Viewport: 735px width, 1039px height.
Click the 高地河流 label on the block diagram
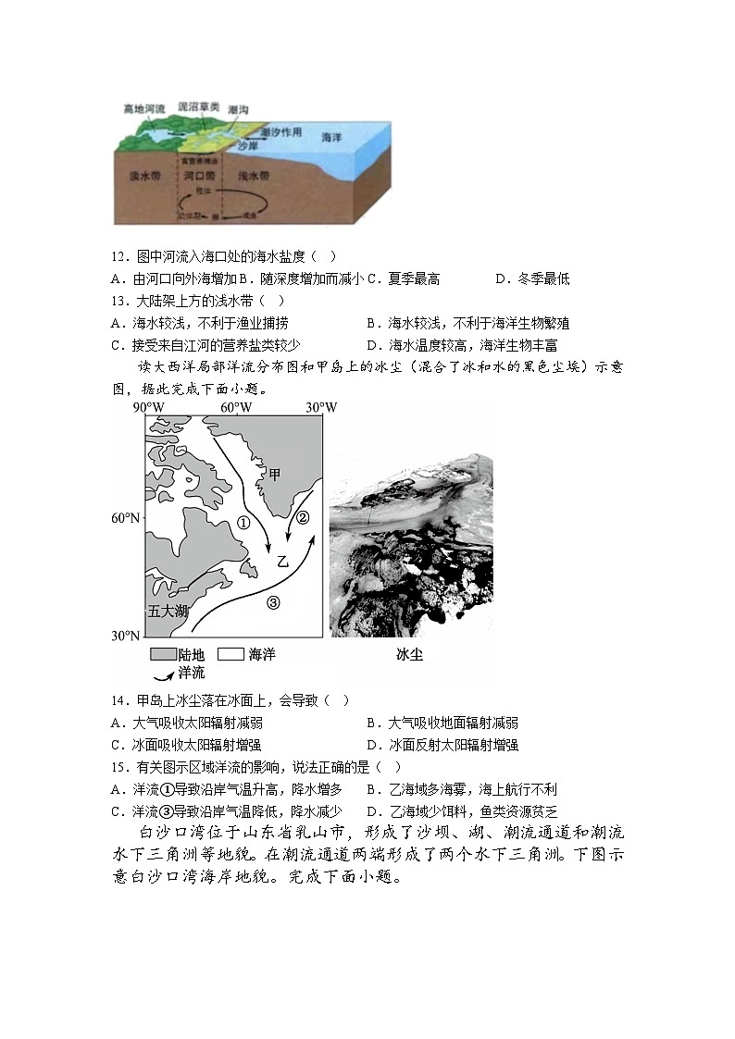143,109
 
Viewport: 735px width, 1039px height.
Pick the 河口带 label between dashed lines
199,175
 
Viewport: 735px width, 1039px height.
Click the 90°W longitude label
148,408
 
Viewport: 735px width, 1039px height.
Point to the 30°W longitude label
321,408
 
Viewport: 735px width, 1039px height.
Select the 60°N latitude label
125,518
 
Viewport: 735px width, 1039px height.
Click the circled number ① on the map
244,523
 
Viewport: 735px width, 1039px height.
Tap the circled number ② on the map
303,517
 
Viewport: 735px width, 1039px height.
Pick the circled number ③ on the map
273,603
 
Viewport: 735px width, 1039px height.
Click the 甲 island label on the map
274,475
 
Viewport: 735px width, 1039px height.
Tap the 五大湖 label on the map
168,612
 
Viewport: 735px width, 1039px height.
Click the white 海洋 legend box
231,654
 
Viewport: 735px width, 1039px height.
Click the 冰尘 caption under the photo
408,655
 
